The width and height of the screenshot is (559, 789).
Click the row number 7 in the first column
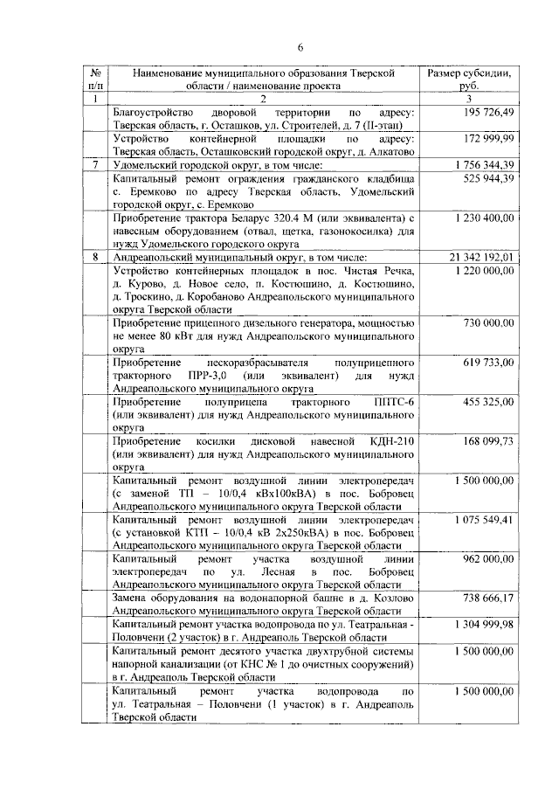click(x=94, y=164)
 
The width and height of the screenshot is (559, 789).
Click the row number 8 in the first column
click(x=94, y=257)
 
